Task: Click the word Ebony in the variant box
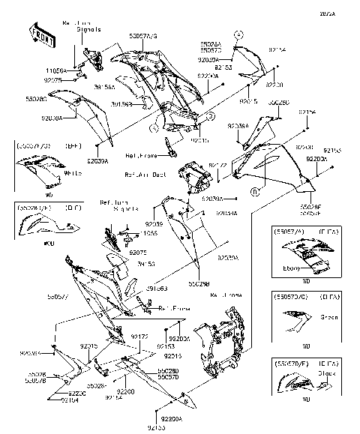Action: coord(292,268)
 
